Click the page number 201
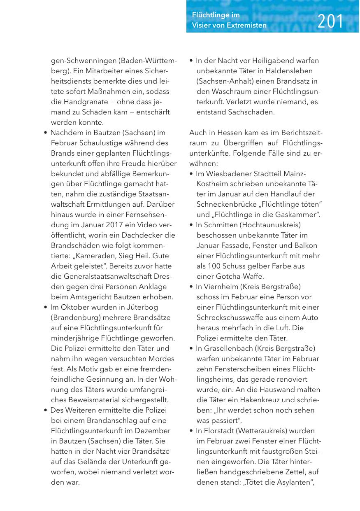[x=330, y=21]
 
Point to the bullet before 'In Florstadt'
[x=191, y=431]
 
